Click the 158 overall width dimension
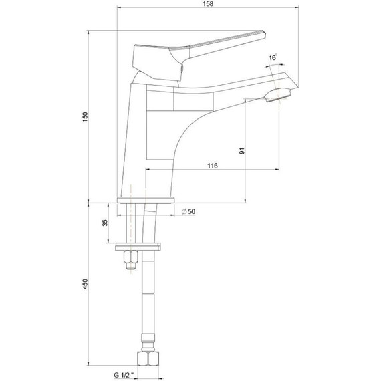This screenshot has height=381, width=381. pyautogui.click(x=208, y=3)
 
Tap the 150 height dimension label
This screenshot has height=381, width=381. pyautogui.click(x=85, y=117)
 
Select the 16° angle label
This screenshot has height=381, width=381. pyautogui.click(x=273, y=57)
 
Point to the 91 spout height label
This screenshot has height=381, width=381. pyautogui.click(x=242, y=151)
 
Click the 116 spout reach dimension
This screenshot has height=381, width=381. pyautogui.click(x=213, y=166)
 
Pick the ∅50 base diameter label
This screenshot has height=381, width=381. pyautogui.click(x=188, y=211)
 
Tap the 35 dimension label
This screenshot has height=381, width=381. pyautogui.click(x=105, y=223)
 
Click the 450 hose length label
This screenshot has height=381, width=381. pyautogui.click(x=85, y=284)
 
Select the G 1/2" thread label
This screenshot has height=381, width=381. pyautogui.click(x=124, y=375)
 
